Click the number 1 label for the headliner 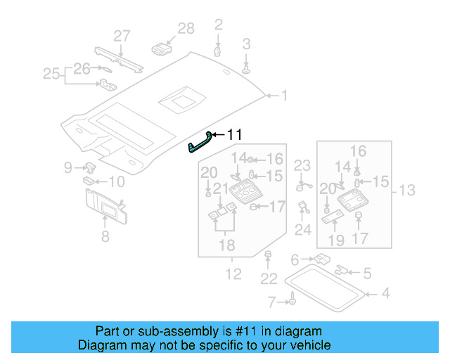[284, 95]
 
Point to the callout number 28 [186, 29]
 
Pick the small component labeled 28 [162, 49]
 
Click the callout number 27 [122, 36]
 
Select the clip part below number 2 [219, 51]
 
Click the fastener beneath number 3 [247, 70]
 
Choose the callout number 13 [407, 190]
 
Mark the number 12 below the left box [233, 274]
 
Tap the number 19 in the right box [336, 241]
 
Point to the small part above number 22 [268, 254]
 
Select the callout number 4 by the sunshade [385, 293]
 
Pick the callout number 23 [302, 166]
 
